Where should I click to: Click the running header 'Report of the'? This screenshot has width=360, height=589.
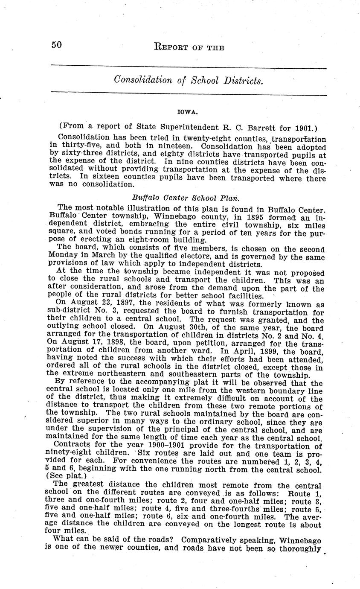click(189, 47)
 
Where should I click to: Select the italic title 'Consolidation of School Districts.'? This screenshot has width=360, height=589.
click(188, 80)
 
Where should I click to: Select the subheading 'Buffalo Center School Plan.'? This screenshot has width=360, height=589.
click(186, 198)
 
